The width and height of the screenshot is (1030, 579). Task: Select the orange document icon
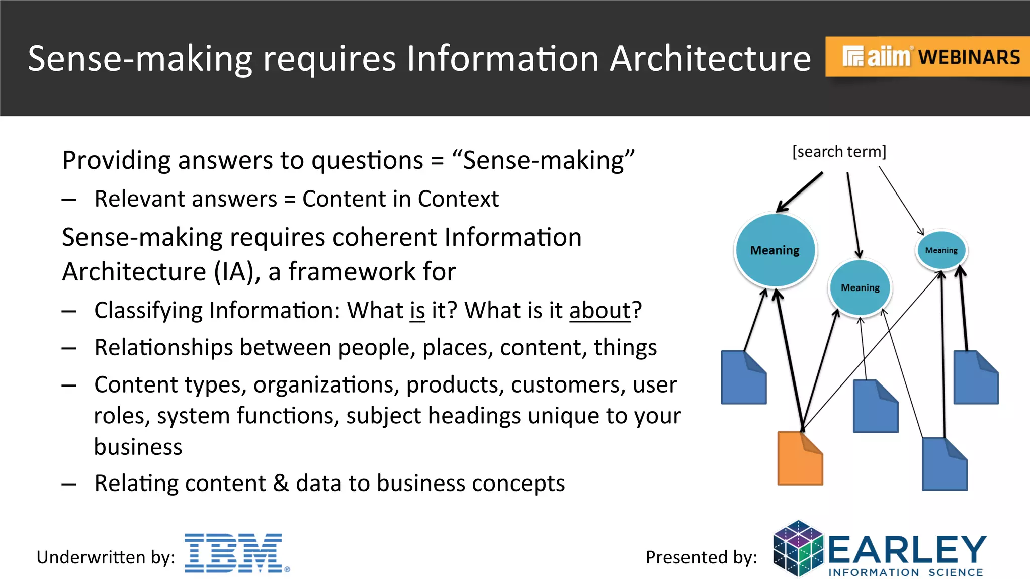click(800, 458)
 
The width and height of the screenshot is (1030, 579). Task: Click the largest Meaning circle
click(775, 250)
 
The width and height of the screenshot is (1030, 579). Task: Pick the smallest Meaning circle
click(941, 250)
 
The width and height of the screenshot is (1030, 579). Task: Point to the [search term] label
click(839, 152)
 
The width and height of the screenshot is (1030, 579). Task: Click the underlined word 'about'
click(599, 310)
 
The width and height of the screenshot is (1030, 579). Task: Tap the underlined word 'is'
click(417, 310)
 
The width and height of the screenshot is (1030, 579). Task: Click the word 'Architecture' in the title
click(710, 58)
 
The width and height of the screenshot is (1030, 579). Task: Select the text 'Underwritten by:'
click(106, 557)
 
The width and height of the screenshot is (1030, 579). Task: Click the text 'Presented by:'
click(701, 557)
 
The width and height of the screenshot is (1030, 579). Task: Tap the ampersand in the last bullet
click(281, 483)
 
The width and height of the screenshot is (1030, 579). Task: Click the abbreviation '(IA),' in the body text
click(237, 272)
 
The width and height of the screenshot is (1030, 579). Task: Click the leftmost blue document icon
click(743, 377)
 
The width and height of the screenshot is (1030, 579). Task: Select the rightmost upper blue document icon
click(976, 377)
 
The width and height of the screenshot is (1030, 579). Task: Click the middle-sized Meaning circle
click(860, 287)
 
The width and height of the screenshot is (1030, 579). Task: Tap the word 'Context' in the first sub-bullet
click(458, 199)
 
